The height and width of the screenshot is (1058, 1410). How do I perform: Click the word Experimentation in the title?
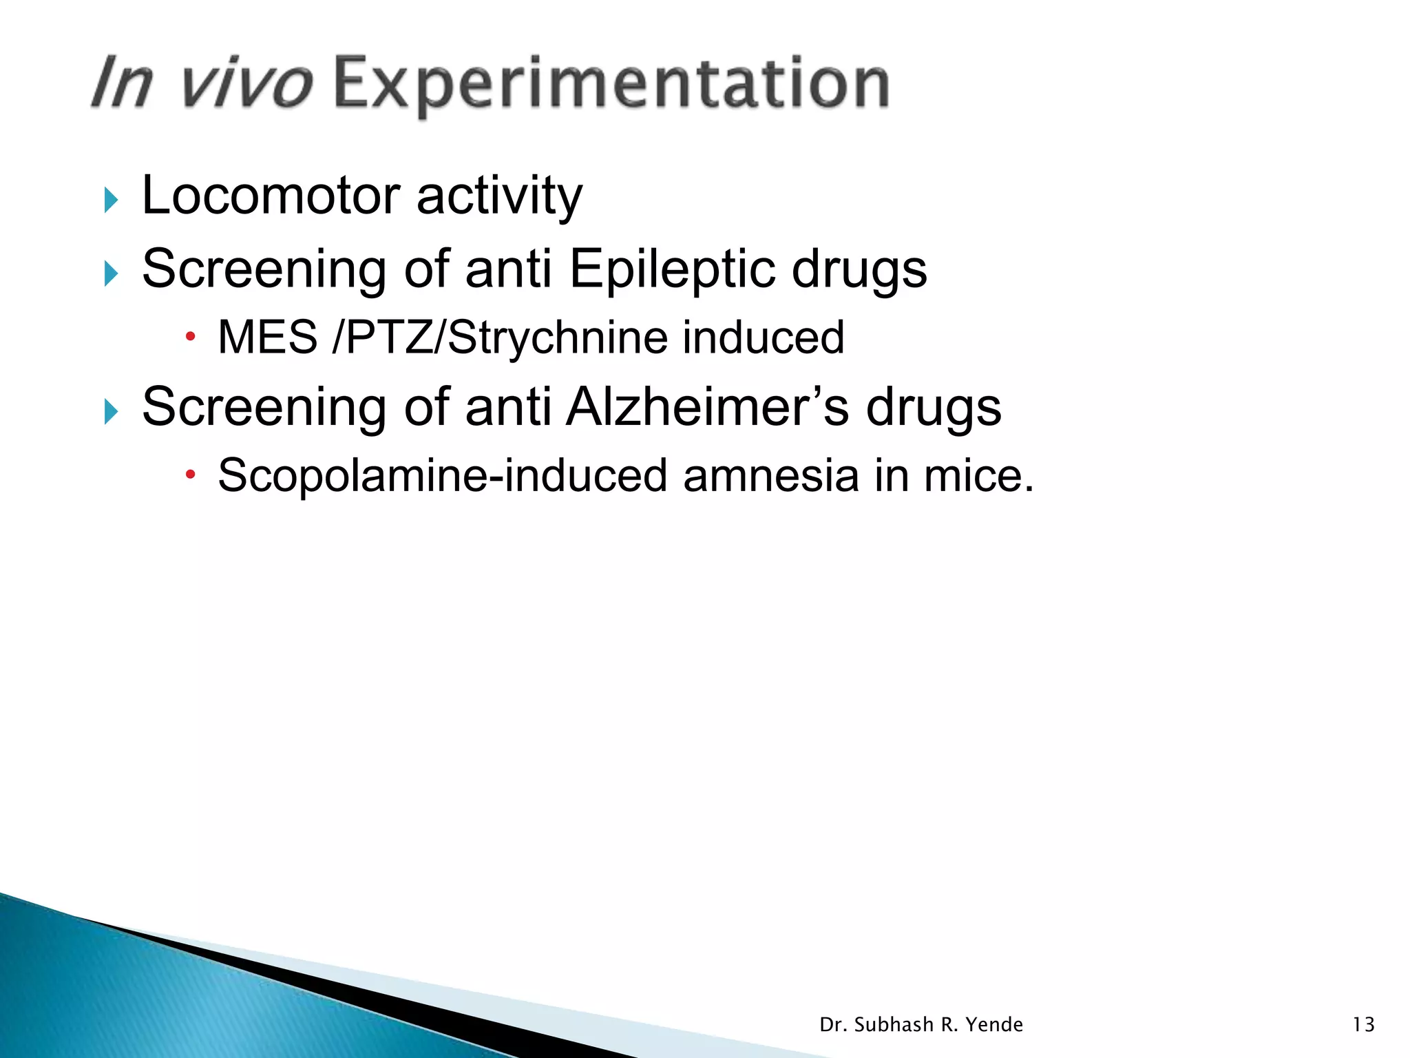611,84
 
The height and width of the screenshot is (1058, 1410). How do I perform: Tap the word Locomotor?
271,196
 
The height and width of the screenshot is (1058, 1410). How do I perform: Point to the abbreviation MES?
268,338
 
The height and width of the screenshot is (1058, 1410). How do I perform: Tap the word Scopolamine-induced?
442,475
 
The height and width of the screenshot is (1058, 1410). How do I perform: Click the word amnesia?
771,476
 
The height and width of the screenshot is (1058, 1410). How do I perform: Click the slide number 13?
1363,1025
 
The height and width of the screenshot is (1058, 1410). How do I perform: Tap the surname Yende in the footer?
994,1025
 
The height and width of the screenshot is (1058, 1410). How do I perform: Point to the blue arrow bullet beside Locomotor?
111,200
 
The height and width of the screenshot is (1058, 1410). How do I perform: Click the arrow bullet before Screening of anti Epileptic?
111,273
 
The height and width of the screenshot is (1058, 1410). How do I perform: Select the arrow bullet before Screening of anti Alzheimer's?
111,412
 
